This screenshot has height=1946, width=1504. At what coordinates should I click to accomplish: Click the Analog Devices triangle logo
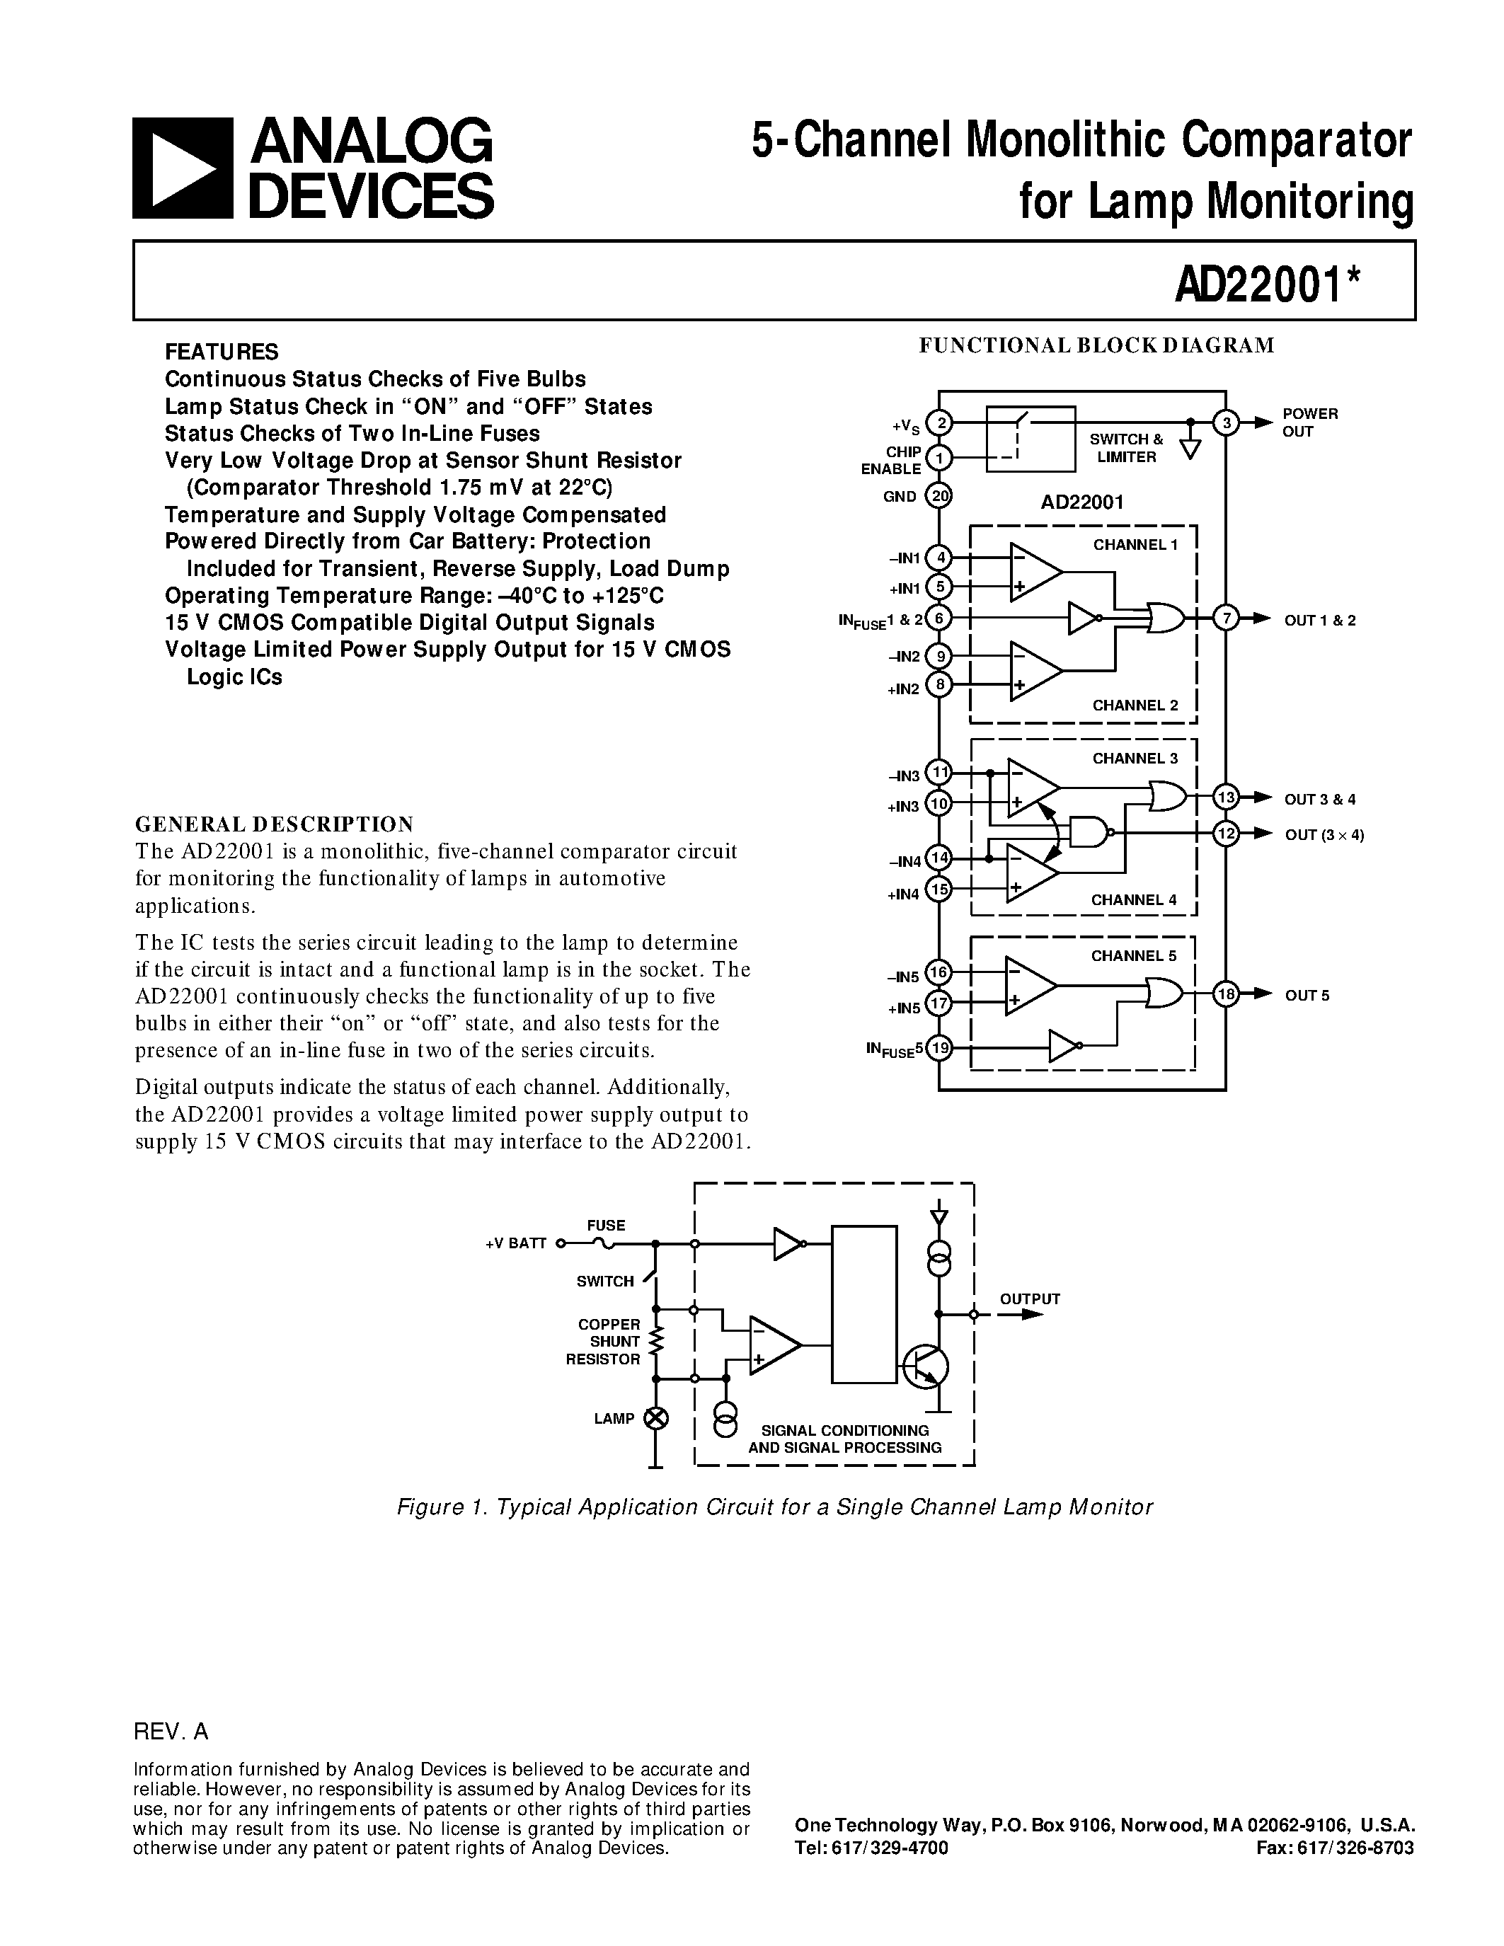tap(183, 168)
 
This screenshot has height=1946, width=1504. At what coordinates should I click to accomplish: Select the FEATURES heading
tap(222, 351)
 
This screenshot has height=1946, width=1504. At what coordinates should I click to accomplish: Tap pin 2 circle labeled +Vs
tap(939, 422)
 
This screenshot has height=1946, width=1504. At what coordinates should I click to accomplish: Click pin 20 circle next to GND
tap(939, 495)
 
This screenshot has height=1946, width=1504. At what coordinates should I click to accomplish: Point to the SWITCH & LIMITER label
tap(1126, 448)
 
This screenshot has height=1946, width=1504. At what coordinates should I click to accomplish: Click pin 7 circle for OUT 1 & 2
tap(1226, 618)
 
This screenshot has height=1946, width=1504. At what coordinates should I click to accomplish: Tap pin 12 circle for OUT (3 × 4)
tap(1226, 833)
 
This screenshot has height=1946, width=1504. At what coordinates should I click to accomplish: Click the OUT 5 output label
tap(1307, 995)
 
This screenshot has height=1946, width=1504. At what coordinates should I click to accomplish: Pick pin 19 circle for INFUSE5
tap(939, 1048)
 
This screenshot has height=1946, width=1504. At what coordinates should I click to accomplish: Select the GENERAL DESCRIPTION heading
tap(275, 823)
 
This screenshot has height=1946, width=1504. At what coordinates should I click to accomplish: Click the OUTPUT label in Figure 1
tap(1029, 1299)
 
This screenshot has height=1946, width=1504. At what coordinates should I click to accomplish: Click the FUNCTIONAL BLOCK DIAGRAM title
tap(1097, 346)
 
